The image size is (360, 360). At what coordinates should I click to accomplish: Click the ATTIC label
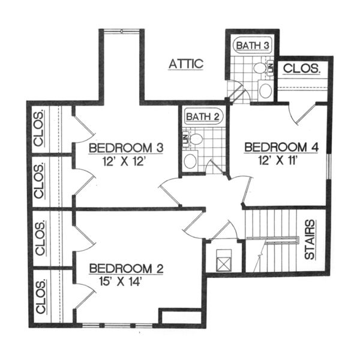click(187, 64)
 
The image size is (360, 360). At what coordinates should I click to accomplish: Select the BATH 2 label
click(200, 116)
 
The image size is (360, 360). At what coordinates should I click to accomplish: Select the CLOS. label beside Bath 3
click(301, 69)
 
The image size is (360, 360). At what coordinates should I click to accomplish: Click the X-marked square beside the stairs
click(221, 259)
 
